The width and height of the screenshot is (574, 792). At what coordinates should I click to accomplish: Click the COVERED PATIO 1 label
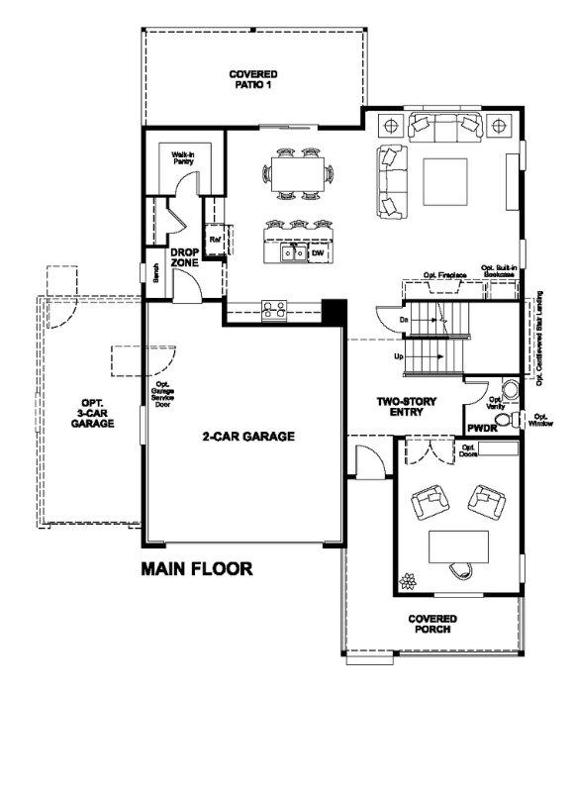pos(252,79)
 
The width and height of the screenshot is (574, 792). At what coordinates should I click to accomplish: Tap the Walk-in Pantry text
pos(182,159)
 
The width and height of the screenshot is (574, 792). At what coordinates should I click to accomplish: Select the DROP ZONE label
pos(184,257)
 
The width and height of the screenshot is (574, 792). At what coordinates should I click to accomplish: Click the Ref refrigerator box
pos(214,240)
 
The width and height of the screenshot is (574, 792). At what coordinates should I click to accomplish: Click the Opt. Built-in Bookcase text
pos(498,270)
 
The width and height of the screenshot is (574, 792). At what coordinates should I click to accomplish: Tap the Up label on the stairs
pos(398,355)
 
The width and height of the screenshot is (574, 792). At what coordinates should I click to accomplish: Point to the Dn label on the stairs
pos(405,320)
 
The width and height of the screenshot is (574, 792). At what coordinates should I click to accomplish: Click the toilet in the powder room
pos(508,421)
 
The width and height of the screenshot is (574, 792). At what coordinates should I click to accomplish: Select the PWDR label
pos(482,429)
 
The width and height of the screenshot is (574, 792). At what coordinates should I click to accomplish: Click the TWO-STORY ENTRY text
pos(407,407)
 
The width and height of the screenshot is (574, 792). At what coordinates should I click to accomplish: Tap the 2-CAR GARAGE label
pos(248,436)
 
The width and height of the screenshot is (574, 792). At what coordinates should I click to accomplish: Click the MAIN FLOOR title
pos(197,569)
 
